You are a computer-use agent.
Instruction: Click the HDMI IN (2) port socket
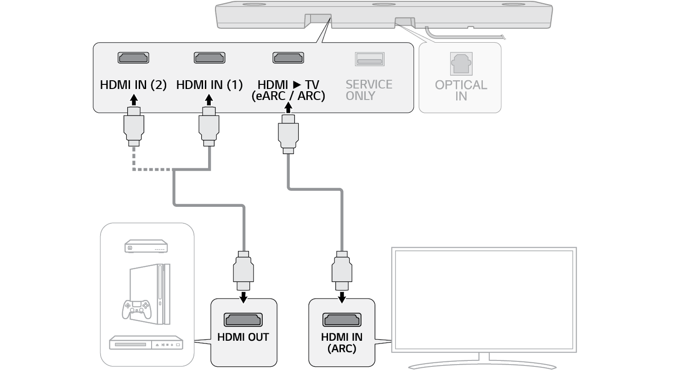pos(133,58)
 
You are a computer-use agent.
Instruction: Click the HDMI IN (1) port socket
pos(209,58)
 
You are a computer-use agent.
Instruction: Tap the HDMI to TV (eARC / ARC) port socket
pos(288,58)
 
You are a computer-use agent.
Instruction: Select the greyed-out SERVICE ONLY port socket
pos(369,59)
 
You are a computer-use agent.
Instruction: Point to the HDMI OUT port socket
pos(243,320)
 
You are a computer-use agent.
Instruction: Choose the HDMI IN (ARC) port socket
pos(342,320)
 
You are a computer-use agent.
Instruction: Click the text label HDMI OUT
pos(243,337)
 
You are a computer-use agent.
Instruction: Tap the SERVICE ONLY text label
pos(369,90)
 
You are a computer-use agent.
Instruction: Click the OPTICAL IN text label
pos(461,90)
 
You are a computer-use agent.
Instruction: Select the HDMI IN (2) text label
pos(133,85)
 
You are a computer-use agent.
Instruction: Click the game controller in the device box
pos(136,309)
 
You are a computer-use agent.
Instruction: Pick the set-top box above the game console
pos(146,246)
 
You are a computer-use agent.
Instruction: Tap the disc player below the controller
pos(146,343)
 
